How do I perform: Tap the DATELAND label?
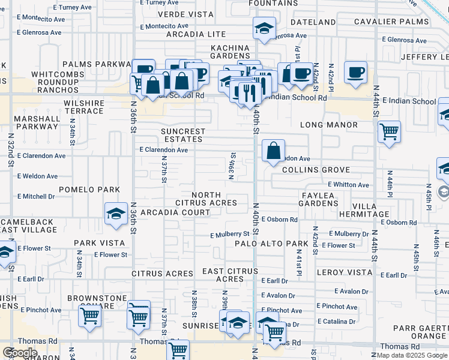313,22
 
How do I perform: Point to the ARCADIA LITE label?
196,35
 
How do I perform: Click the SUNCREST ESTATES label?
183,135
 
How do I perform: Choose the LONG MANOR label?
329,125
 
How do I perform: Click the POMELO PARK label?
94,190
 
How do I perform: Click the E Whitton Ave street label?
348,185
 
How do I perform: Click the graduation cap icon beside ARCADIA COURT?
115,213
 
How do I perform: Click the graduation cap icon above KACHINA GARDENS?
264,28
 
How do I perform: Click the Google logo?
20,353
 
